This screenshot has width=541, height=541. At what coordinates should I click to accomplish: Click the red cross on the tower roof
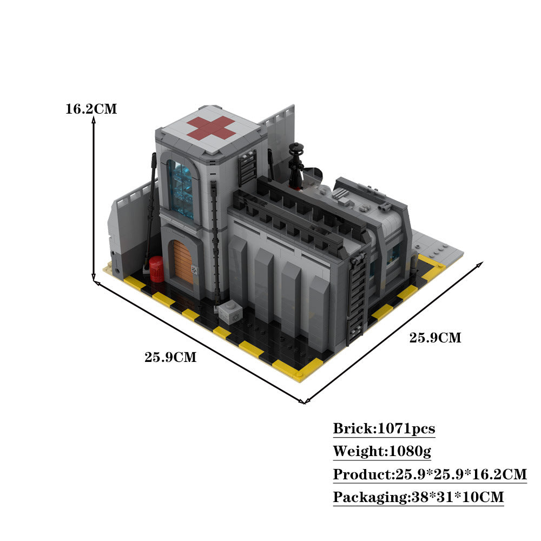tap(211, 128)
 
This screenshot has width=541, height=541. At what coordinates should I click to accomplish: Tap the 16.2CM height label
tap(91, 109)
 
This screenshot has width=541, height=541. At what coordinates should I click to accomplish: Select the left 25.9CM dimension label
tap(170, 357)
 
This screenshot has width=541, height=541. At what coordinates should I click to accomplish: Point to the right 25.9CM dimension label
tap(435, 338)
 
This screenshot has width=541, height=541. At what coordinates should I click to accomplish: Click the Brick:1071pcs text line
tap(384, 429)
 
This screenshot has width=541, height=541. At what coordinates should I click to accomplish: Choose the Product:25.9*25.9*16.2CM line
tap(430, 474)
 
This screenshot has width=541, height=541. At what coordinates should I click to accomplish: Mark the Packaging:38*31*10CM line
tap(418, 497)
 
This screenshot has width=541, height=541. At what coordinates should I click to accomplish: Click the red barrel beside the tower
tap(156, 269)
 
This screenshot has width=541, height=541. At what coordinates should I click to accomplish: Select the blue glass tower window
tap(180, 189)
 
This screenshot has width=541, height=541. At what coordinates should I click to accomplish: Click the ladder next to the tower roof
tap(248, 168)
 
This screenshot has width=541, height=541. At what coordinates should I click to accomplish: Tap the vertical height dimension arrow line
tap(94, 200)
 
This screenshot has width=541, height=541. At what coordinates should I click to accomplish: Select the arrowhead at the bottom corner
tap(303, 401)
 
